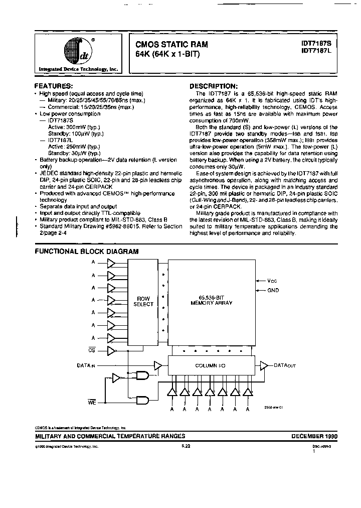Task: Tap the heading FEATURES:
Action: click(56, 86)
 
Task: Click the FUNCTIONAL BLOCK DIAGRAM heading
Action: click(86, 251)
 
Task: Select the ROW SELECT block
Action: click(143, 301)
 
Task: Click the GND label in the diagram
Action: click(273, 291)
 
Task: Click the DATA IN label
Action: click(86, 366)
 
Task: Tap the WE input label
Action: click(92, 402)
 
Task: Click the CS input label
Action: click(91, 350)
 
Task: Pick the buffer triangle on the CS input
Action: click(111, 350)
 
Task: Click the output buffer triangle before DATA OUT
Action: click(264, 366)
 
